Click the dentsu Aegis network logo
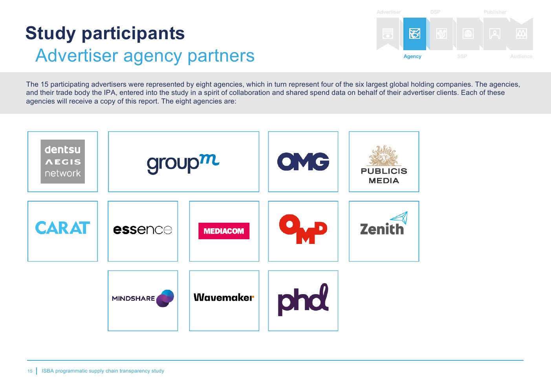(x=63, y=161)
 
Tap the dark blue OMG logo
(x=303, y=161)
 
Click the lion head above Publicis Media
(x=384, y=155)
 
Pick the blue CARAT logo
(x=62, y=227)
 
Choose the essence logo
(x=143, y=230)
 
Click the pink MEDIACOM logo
(x=224, y=231)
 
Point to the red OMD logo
(x=303, y=229)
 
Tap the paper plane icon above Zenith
(x=399, y=218)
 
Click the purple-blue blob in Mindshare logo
(x=165, y=298)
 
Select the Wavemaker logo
(x=224, y=297)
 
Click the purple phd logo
(x=303, y=300)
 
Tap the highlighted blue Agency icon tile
(x=415, y=34)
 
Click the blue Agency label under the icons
(x=412, y=56)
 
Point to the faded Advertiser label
(x=389, y=12)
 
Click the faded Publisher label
(x=495, y=12)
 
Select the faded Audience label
(x=521, y=56)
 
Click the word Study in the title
(x=51, y=33)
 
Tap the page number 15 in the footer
(x=30, y=371)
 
